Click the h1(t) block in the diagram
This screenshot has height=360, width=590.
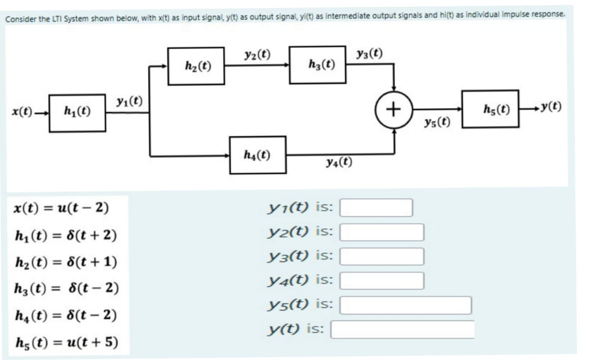point(77,113)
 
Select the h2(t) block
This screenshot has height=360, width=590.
point(196,66)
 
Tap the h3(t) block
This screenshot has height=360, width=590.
point(318,65)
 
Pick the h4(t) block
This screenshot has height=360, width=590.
point(258,155)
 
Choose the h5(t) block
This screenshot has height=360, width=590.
point(490,109)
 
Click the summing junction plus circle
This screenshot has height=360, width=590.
point(393,109)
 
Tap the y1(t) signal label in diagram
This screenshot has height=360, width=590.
point(129,100)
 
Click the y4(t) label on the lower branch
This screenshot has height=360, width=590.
point(339,162)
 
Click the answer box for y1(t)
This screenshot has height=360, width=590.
point(376,207)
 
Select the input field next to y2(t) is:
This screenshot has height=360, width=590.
point(382,232)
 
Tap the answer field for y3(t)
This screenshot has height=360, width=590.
point(382,256)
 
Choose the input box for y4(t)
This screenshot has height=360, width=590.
point(382,281)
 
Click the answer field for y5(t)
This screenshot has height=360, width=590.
point(406,305)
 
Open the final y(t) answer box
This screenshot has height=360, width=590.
point(403,330)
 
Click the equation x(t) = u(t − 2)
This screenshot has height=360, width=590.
point(61,208)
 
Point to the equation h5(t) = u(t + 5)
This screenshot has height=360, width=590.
point(66,342)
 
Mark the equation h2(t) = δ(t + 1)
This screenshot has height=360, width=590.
point(65,262)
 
